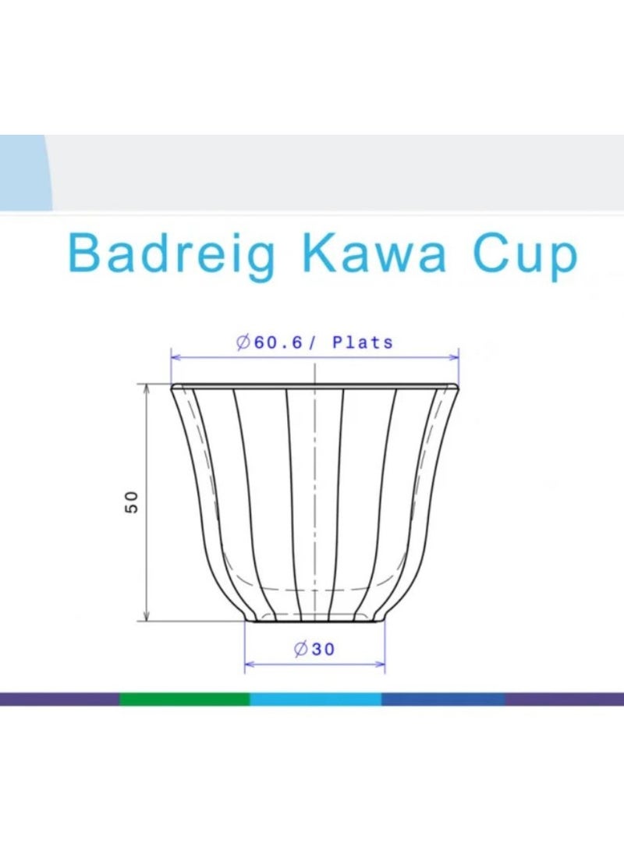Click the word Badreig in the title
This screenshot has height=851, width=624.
(172, 255)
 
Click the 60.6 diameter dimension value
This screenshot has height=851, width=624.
(278, 342)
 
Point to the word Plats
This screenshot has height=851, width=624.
(363, 342)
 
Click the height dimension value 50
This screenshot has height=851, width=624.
(132, 502)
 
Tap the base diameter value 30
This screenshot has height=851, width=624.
(323, 649)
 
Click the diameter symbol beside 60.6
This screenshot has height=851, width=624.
(243, 342)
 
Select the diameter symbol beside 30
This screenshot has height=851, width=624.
(300, 649)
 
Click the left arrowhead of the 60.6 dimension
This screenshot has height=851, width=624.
(175, 357)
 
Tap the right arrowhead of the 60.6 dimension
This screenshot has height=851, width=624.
(454, 357)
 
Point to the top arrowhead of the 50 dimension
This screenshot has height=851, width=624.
(147, 388)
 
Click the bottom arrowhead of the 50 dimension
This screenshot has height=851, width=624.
(147, 616)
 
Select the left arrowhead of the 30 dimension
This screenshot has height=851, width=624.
(250, 664)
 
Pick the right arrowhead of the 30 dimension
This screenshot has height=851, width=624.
(380, 664)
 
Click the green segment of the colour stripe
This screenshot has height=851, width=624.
(185, 699)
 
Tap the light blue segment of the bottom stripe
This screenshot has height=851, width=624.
(316, 699)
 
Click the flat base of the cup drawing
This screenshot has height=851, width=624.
(314, 622)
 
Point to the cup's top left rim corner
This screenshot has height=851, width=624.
(172, 387)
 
